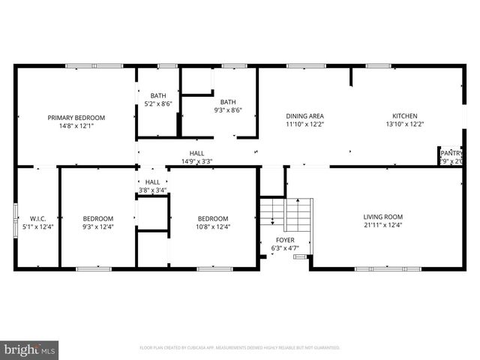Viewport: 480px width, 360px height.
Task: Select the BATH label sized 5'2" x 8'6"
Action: pyautogui.click(x=157, y=95)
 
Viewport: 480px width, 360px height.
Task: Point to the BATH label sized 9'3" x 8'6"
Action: pyautogui.click(x=228, y=102)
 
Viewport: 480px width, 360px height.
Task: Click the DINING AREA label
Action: pyautogui.click(x=304, y=116)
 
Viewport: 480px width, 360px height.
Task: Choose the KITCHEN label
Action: pyautogui.click(x=404, y=116)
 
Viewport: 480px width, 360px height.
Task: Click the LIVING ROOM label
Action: pyautogui.click(x=373, y=216)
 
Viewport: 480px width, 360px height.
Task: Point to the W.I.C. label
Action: pyautogui.click(x=39, y=218)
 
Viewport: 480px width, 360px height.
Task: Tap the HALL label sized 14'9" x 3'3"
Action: pyautogui.click(x=196, y=153)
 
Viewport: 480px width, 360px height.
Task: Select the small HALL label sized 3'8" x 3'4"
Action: pyautogui.click(x=152, y=182)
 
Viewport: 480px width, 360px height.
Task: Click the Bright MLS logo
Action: pyautogui.click(x=30, y=349)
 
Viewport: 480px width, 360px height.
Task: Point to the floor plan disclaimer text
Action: pyautogui.click(x=240, y=348)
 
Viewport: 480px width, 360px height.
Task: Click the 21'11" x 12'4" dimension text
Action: pyautogui.click(x=373, y=225)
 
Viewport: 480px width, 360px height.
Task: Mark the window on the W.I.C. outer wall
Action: pyautogui.click(x=16, y=217)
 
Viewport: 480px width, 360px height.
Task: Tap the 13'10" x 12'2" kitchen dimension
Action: pyautogui.click(x=404, y=125)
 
